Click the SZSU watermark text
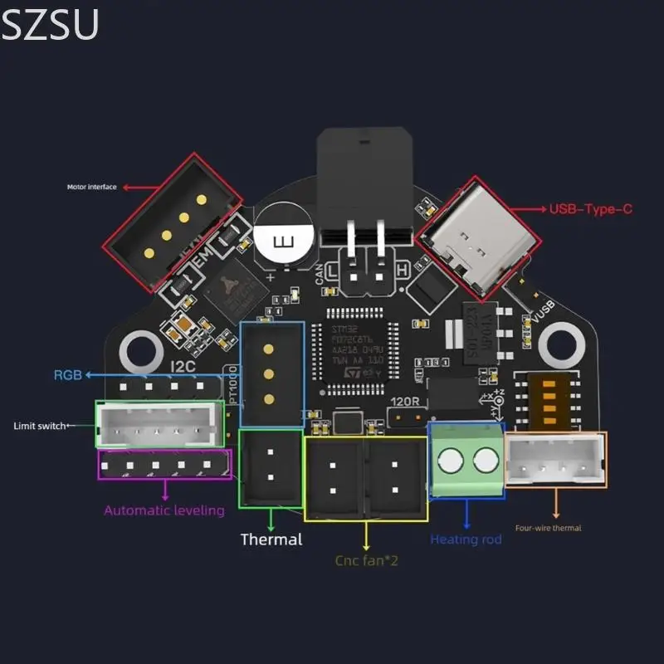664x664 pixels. click(x=50, y=25)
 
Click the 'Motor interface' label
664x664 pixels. click(x=92, y=187)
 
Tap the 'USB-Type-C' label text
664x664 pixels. click(x=591, y=209)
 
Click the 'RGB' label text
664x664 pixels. click(x=67, y=375)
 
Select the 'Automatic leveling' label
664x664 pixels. click(x=164, y=510)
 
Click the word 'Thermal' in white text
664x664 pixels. click(x=271, y=539)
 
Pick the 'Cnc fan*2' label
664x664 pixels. click(x=366, y=560)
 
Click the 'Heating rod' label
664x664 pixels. click(x=466, y=539)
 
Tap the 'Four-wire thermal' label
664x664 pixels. click(x=548, y=528)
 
